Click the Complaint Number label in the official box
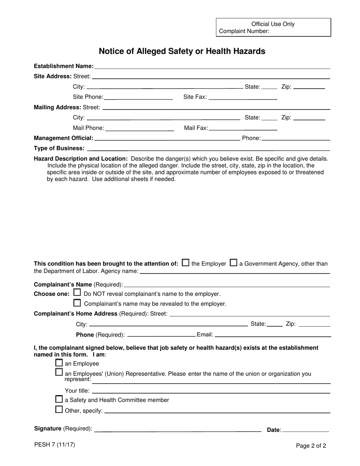(x=244, y=31)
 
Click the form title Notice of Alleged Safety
(x=182, y=51)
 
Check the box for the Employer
(x=186, y=263)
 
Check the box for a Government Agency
(x=234, y=263)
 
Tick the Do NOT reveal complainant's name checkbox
(x=77, y=292)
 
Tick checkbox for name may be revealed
(x=77, y=303)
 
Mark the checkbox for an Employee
(x=59, y=363)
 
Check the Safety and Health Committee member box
(x=59, y=399)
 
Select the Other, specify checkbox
(x=59, y=409)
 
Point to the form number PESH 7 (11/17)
(x=55, y=445)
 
